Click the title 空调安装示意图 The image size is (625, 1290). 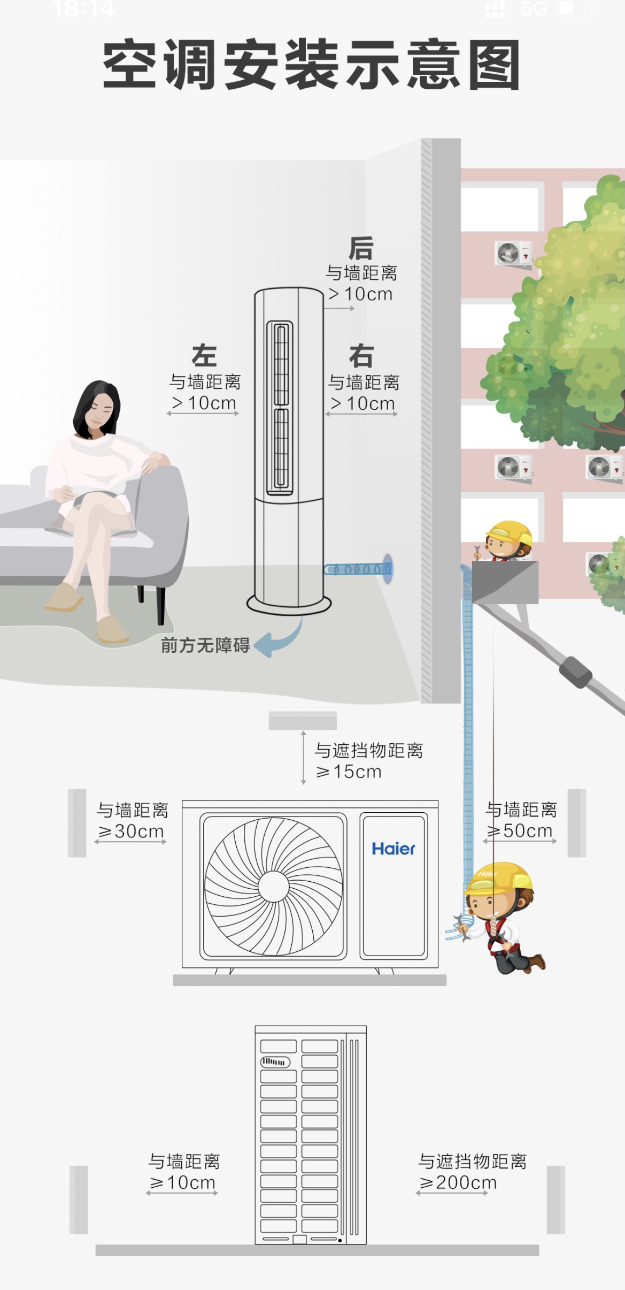tap(311, 64)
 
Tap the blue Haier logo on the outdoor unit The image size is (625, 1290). tap(393, 849)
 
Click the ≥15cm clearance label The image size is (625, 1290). tap(349, 772)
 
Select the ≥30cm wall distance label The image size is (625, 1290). tap(131, 831)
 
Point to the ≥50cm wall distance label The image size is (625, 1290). tap(520, 830)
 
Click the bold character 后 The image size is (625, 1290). tap(361, 248)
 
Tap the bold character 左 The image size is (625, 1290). tap(204, 356)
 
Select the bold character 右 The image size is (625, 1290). tap(361, 356)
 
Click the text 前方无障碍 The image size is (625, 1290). tap(205, 645)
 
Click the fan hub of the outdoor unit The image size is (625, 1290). tap(274, 887)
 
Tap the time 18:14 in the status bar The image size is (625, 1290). tap(83, 9)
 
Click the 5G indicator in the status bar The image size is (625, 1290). tap(534, 9)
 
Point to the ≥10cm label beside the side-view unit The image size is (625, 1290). tap(182, 1182)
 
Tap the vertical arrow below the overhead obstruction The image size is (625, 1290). tap(303, 758)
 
